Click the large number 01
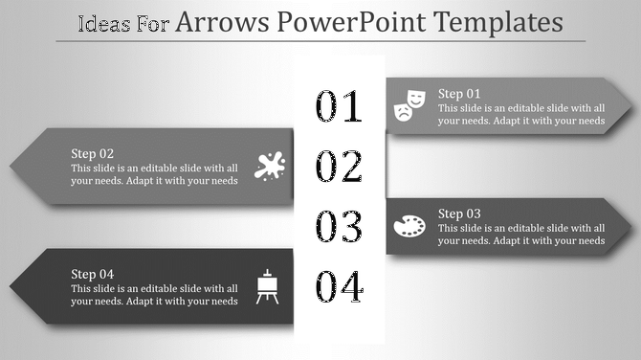[340, 107]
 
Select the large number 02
[340, 167]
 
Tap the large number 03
[340, 227]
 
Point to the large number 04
[340, 286]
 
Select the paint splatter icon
[270, 166]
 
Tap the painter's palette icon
[409, 226]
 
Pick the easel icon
[269, 286]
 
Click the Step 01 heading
[459, 94]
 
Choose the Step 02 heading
[93, 153]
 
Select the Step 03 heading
[459, 214]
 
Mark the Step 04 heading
[93, 274]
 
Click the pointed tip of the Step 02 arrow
[11, 166]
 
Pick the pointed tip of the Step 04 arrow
[11, 286]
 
